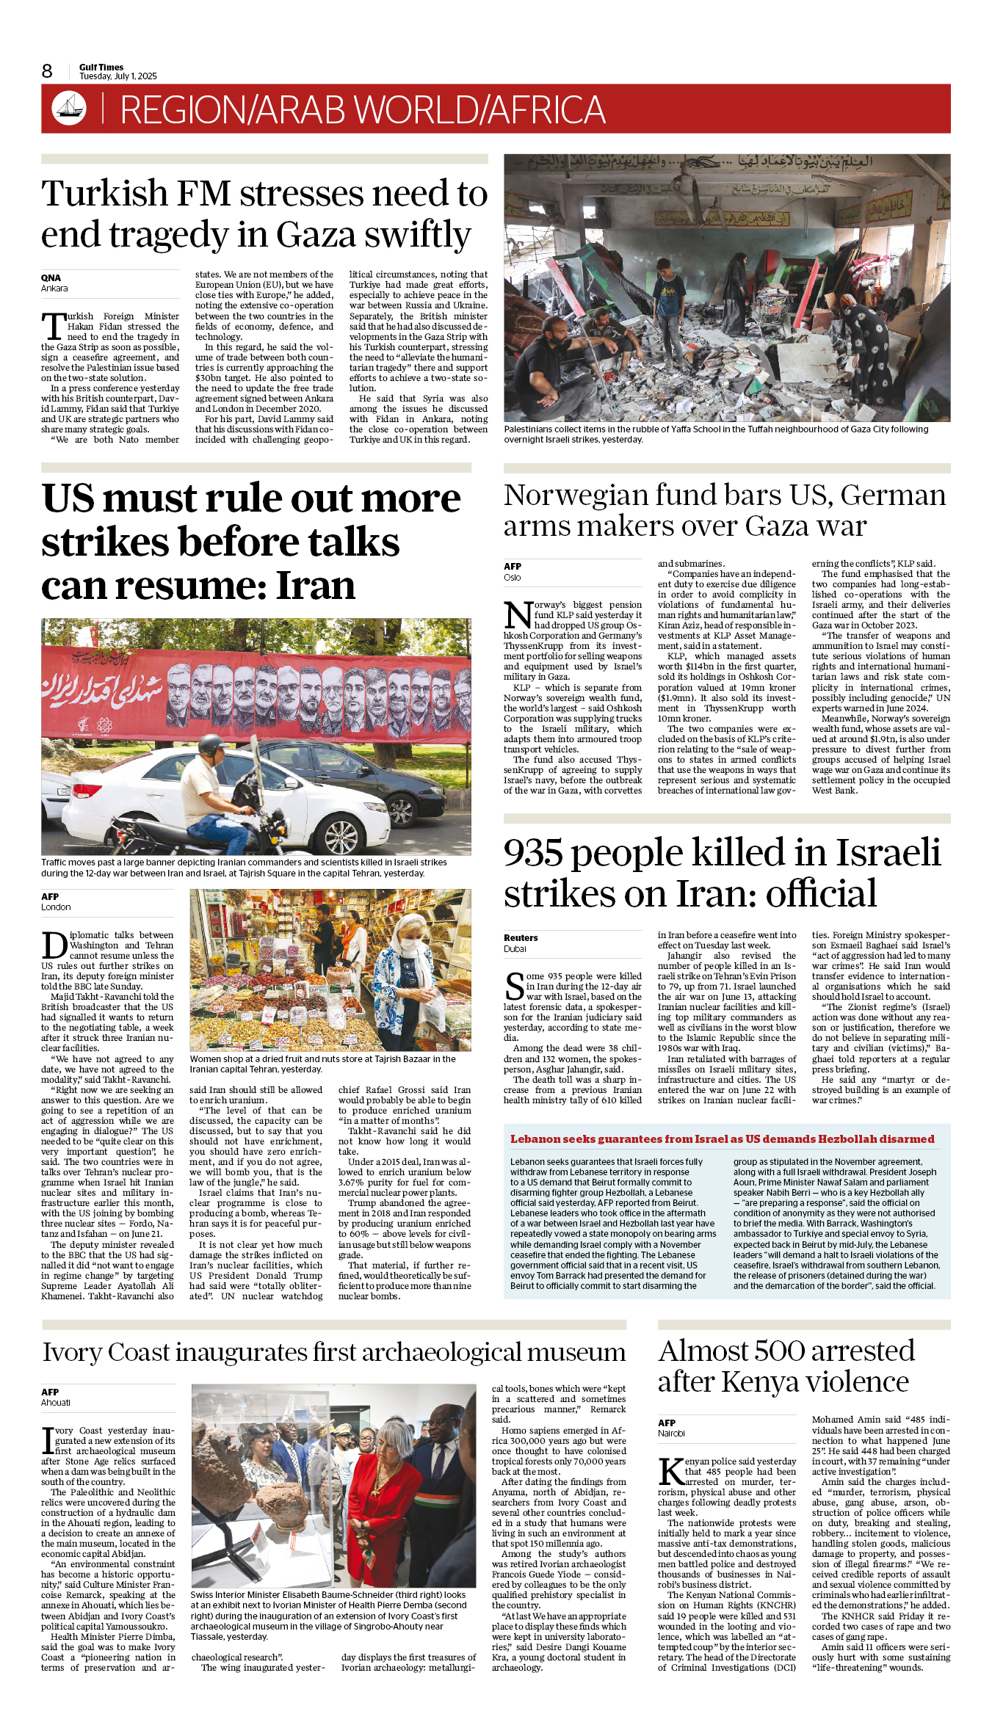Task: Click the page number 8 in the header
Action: pyautogui.click(x=47, y=71)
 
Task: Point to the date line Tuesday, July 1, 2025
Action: pyautogui.click(x=118, y=76)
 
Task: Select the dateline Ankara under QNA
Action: pyautogui.click(x=54, y=288)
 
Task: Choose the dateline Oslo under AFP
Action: pyautogui.click(x=513, y=578)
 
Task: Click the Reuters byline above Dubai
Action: pyautogui.click(x=521, y=938)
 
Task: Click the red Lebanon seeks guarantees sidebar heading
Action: pyautogui.click(x=723, y=1139)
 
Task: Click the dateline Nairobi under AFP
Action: pyautogui.click(x=671, y=1434)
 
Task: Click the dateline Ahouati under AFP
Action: pyautogui.click(x=56, y=1403)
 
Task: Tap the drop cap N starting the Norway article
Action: pyautogui.click(x=518, y=614)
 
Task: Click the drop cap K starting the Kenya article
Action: pyautogui.click(x=671, y=1471)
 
